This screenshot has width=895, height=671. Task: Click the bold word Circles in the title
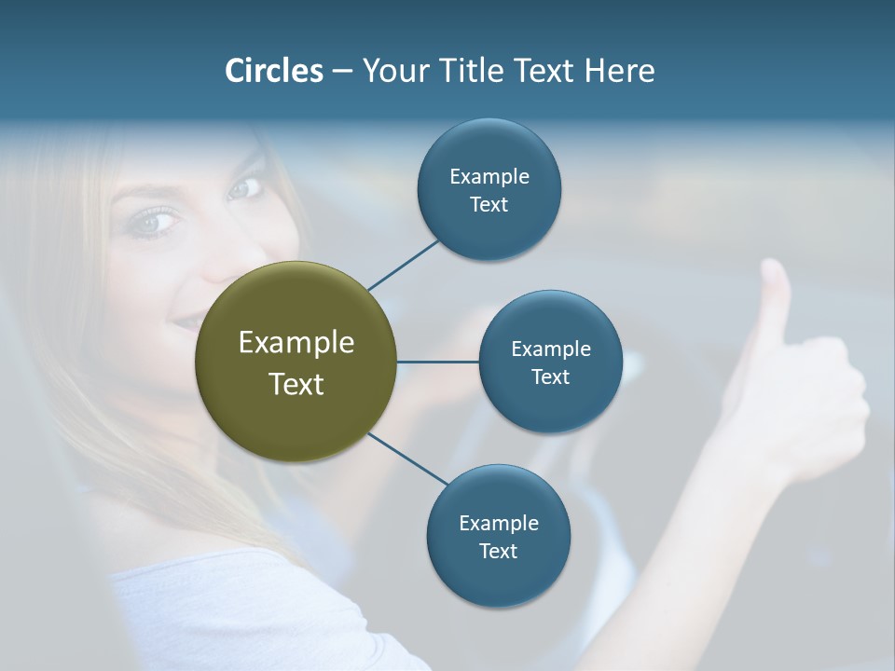pos(273,71)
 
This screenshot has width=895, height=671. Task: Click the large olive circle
pos(296,362)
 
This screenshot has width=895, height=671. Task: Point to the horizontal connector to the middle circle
pos(437,362)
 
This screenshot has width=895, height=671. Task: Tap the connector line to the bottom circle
pos(407,459)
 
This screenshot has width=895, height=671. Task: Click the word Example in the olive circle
pos(296,342)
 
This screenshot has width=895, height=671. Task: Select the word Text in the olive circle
pos(296,384)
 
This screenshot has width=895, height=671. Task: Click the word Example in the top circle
pos(489,176)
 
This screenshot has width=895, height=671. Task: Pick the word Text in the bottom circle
pos(498,551)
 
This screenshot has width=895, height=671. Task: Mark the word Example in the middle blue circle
pos(550,349)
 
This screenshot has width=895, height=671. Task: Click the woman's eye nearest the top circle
pos(244,188)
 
